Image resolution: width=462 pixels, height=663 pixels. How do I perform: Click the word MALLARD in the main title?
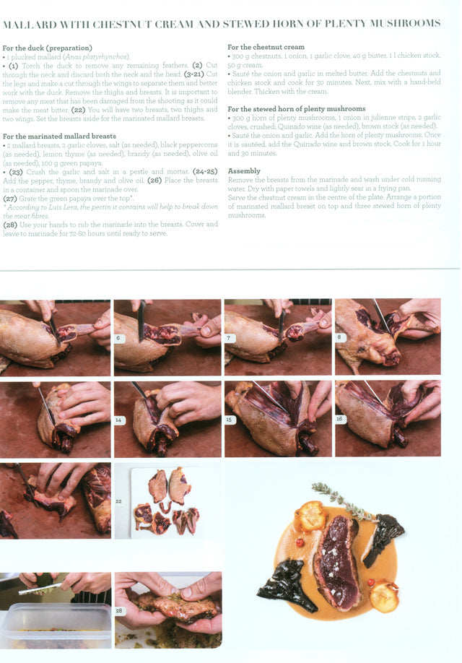(30, 24)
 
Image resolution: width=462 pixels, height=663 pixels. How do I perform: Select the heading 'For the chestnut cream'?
(266, 47)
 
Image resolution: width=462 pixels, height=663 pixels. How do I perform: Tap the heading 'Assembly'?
(244, 171)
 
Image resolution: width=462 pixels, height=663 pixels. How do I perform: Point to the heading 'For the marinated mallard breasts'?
(59, 136)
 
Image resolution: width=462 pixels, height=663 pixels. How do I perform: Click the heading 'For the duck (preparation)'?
(48, 48)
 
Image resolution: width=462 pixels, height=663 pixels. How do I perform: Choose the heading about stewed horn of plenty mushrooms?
(296, 108)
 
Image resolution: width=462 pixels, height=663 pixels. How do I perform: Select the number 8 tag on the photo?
(340, 337)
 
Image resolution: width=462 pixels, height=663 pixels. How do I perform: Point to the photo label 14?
(119, 420)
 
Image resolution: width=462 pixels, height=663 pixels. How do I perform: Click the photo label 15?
(230, 420)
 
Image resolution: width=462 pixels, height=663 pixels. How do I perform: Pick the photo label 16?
(340, 419)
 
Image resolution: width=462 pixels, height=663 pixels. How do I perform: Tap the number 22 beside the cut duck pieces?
(119, 501)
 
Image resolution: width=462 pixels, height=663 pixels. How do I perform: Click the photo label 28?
(119, 610)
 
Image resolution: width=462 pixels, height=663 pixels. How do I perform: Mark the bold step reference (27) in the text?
(10, 199)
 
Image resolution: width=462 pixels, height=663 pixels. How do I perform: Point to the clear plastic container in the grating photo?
(56, 625)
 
